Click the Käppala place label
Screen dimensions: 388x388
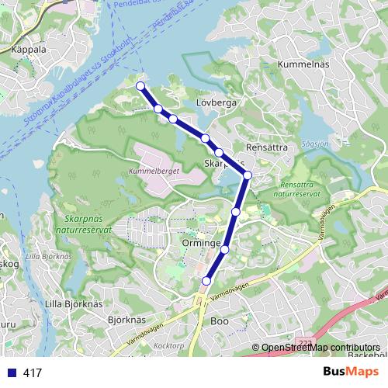tap(29, 47)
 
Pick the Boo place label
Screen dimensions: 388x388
tap(218, 319)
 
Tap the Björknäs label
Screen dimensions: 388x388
tap(126, 319)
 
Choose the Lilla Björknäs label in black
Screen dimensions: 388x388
tap(74, 303)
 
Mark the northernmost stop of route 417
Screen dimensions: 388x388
tap(140, 86)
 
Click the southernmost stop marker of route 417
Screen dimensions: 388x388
tap(206, 280)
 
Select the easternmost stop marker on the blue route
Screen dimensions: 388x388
tap(248, 175)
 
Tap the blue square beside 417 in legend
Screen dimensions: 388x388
tap(12, 372)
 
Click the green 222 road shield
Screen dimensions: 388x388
tap(307, 341)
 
